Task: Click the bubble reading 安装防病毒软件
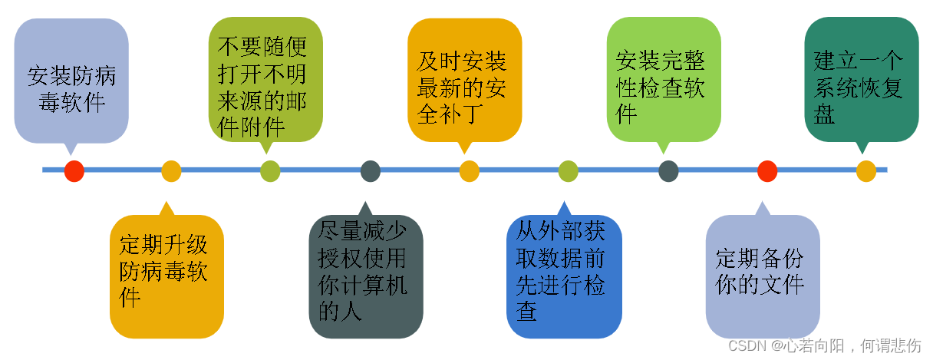click(71, 81)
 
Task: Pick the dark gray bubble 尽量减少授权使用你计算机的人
click(366, 276)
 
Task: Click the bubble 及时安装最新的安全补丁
click(464, 80)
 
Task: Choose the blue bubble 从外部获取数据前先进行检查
click(564, 276)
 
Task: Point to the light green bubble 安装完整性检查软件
click(664, 80)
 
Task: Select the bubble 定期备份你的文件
click(763, 276)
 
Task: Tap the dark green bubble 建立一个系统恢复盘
click(862, 80)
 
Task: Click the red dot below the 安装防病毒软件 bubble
click(74, 170)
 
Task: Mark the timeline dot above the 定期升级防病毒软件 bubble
click(171, 170)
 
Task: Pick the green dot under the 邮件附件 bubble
click(270, 170)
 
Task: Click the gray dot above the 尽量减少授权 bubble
click(371, 170)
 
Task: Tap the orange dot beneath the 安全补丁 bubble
click(470, 170)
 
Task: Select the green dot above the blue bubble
click(568, 170)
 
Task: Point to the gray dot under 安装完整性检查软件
click(668, 170)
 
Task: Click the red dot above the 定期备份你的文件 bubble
click(767, 170)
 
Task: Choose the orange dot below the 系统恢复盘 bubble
click(866, 170)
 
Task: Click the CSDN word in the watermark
click(743, 345)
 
